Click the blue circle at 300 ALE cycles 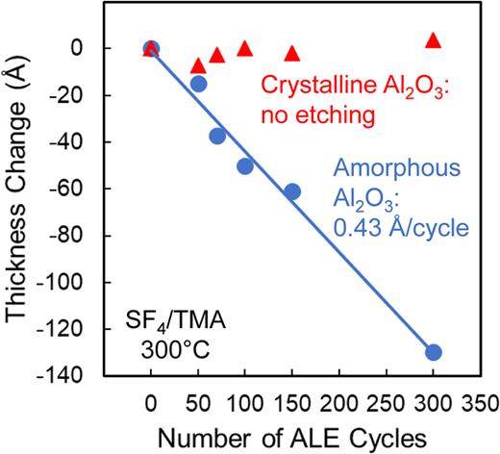[433, 352]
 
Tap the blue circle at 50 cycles [199, 84]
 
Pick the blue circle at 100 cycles [245, 166]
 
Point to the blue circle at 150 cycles [292, 191]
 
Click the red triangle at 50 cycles [199, 66]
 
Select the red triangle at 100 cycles [245, 48]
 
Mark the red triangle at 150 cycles [292, 54]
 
